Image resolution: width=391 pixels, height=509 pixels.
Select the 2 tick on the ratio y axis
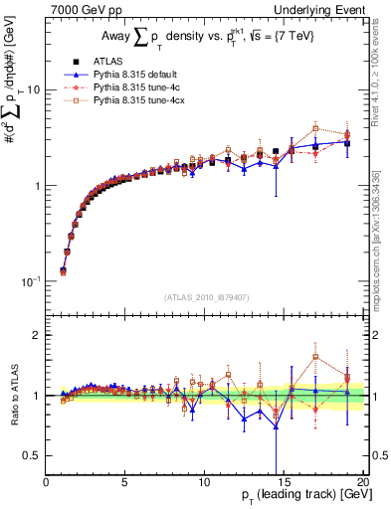[x=37, y=335]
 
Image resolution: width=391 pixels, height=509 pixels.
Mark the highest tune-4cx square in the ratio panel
[x=315, y=356]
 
